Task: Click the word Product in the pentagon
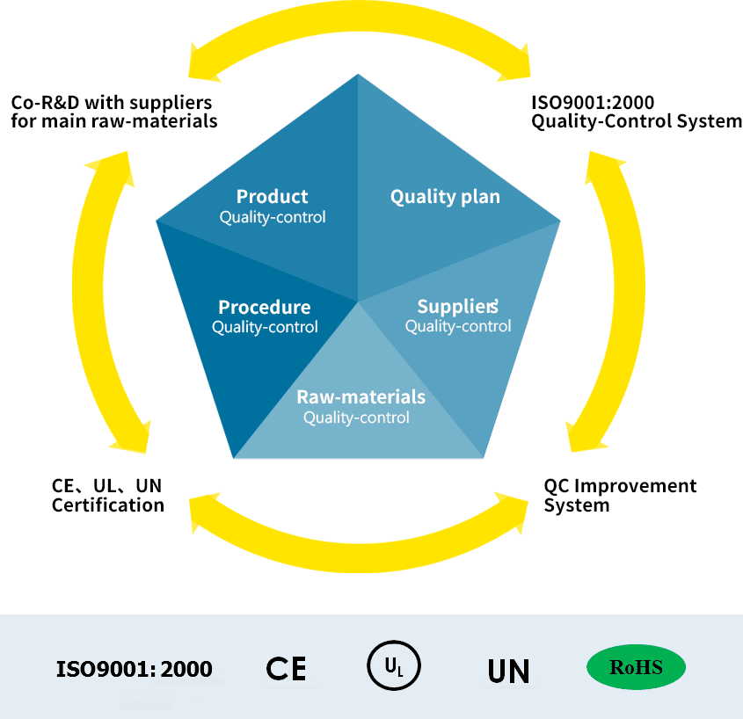click(272, 197)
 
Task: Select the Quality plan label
click(445, 197)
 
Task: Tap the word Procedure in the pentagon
click(264, 308)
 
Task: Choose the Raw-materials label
click(361, 397)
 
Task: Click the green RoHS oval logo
click(636, 668)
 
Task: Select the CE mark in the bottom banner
click(286, 669)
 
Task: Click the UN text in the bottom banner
click(508, 672)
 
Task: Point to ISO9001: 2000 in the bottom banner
click(135, 669)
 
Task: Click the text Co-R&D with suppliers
click(112, 103)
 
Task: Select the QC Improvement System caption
click(620, 495)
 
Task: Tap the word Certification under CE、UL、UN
click(108, 505)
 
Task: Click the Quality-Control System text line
click(637, 121)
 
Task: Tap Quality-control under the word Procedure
click(265, 327)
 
